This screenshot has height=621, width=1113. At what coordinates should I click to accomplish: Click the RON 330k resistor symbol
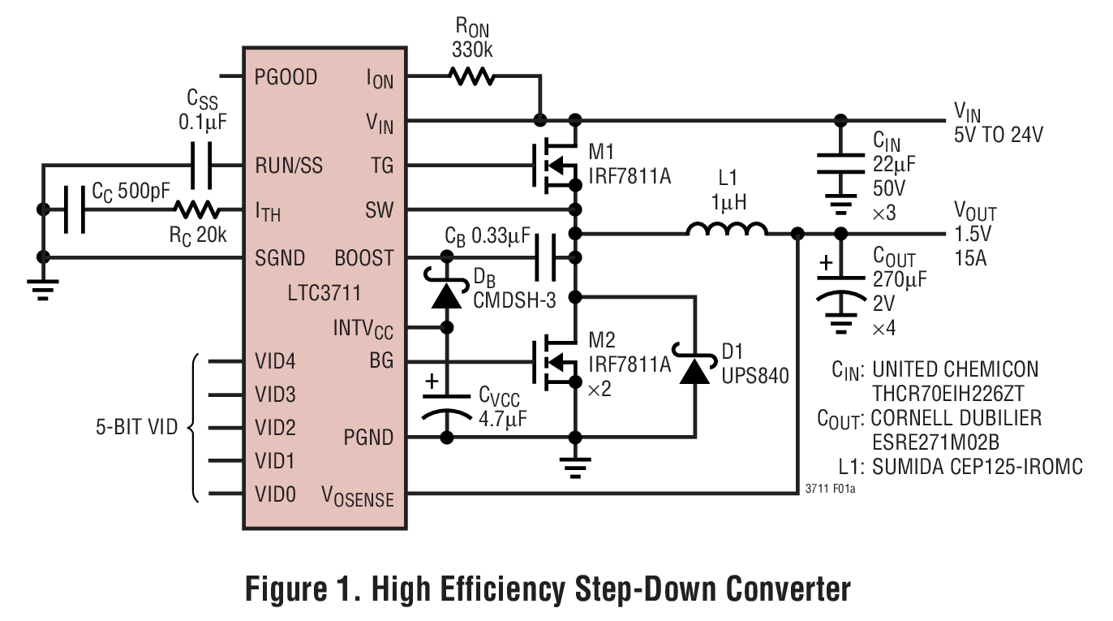coord(471,77)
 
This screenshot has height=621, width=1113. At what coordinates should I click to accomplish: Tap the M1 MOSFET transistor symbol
coord(555,166)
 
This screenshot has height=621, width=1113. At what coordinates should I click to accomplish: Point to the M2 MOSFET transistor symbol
coord(555,361)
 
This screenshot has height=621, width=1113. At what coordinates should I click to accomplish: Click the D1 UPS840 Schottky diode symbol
coord(694,369)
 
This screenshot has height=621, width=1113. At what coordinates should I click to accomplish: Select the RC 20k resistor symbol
coord(197,210)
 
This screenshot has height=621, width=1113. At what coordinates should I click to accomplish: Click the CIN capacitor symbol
coord(840,163)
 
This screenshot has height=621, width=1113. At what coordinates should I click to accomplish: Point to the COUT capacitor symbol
coord(840,286)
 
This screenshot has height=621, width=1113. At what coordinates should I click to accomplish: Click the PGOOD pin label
coord(286,77)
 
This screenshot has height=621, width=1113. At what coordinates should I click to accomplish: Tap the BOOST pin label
coord(364,258)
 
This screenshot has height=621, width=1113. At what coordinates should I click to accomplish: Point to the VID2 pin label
coord(276,427)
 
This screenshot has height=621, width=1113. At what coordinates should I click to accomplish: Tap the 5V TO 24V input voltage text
coord(999,134)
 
